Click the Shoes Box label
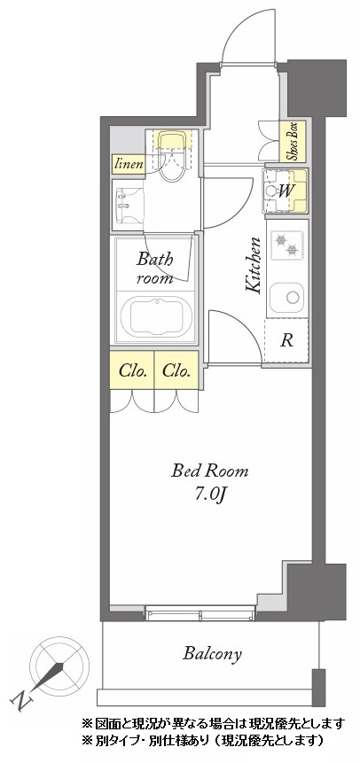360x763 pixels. (x=293, y=141)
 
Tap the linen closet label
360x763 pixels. (x=129, y=164)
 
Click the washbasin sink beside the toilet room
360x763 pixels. (x=129, y=205)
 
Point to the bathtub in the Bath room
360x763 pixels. (x=156, y=316)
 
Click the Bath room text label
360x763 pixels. (x=155, y=269)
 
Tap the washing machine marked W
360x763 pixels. (x=286, y=191)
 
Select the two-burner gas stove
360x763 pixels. (x=287, y=245)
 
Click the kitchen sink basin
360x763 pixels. (x=287, y=298)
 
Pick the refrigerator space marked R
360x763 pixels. (x=286, y=340)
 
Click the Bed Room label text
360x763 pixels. (x=210, y=471)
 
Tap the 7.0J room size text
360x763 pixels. (x=210, y=494)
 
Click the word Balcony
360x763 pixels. (x=212, y=653)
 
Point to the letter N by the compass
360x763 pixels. (x=21, y=701)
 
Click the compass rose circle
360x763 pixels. (x=59, y=666)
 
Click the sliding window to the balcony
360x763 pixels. (x=200, y=613)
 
